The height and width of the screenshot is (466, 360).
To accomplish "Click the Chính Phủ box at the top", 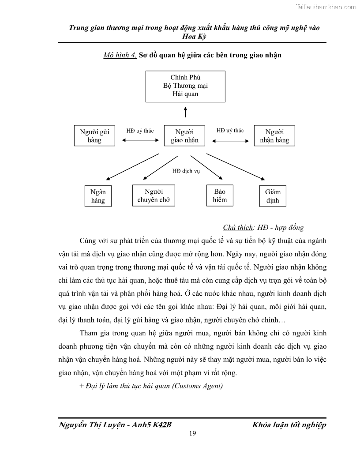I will click(x=185, y=86).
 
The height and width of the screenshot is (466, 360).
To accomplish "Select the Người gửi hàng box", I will click(x=94, y=135).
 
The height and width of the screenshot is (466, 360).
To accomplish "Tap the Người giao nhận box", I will click(x=185, y=136).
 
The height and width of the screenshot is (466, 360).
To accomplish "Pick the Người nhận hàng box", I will click(x=274, y=135).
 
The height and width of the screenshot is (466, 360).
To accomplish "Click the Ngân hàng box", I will click(x=98, y=196).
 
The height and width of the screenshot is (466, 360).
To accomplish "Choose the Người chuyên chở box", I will click(x=154, y=195).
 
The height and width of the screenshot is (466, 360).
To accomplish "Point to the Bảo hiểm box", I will click(x=219, y=195).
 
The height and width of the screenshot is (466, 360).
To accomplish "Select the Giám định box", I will click(x=273, y=196).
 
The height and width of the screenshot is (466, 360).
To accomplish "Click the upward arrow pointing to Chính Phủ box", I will click(x=185, y=112).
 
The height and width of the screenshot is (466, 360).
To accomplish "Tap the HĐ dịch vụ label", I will click(x=186, y=171).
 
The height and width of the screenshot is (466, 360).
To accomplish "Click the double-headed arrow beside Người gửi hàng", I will click(x=140, y=140).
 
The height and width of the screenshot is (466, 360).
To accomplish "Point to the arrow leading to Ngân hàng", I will click(x=132, y=167).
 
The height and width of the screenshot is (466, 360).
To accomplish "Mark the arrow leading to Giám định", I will click(x=236, y=167).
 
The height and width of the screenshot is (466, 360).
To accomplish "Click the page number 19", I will click(x=192, y=433).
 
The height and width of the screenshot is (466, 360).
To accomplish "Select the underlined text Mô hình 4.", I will click(x=120, y=55).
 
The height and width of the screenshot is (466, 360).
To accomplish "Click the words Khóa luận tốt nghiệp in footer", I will click(x=289, y=425).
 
